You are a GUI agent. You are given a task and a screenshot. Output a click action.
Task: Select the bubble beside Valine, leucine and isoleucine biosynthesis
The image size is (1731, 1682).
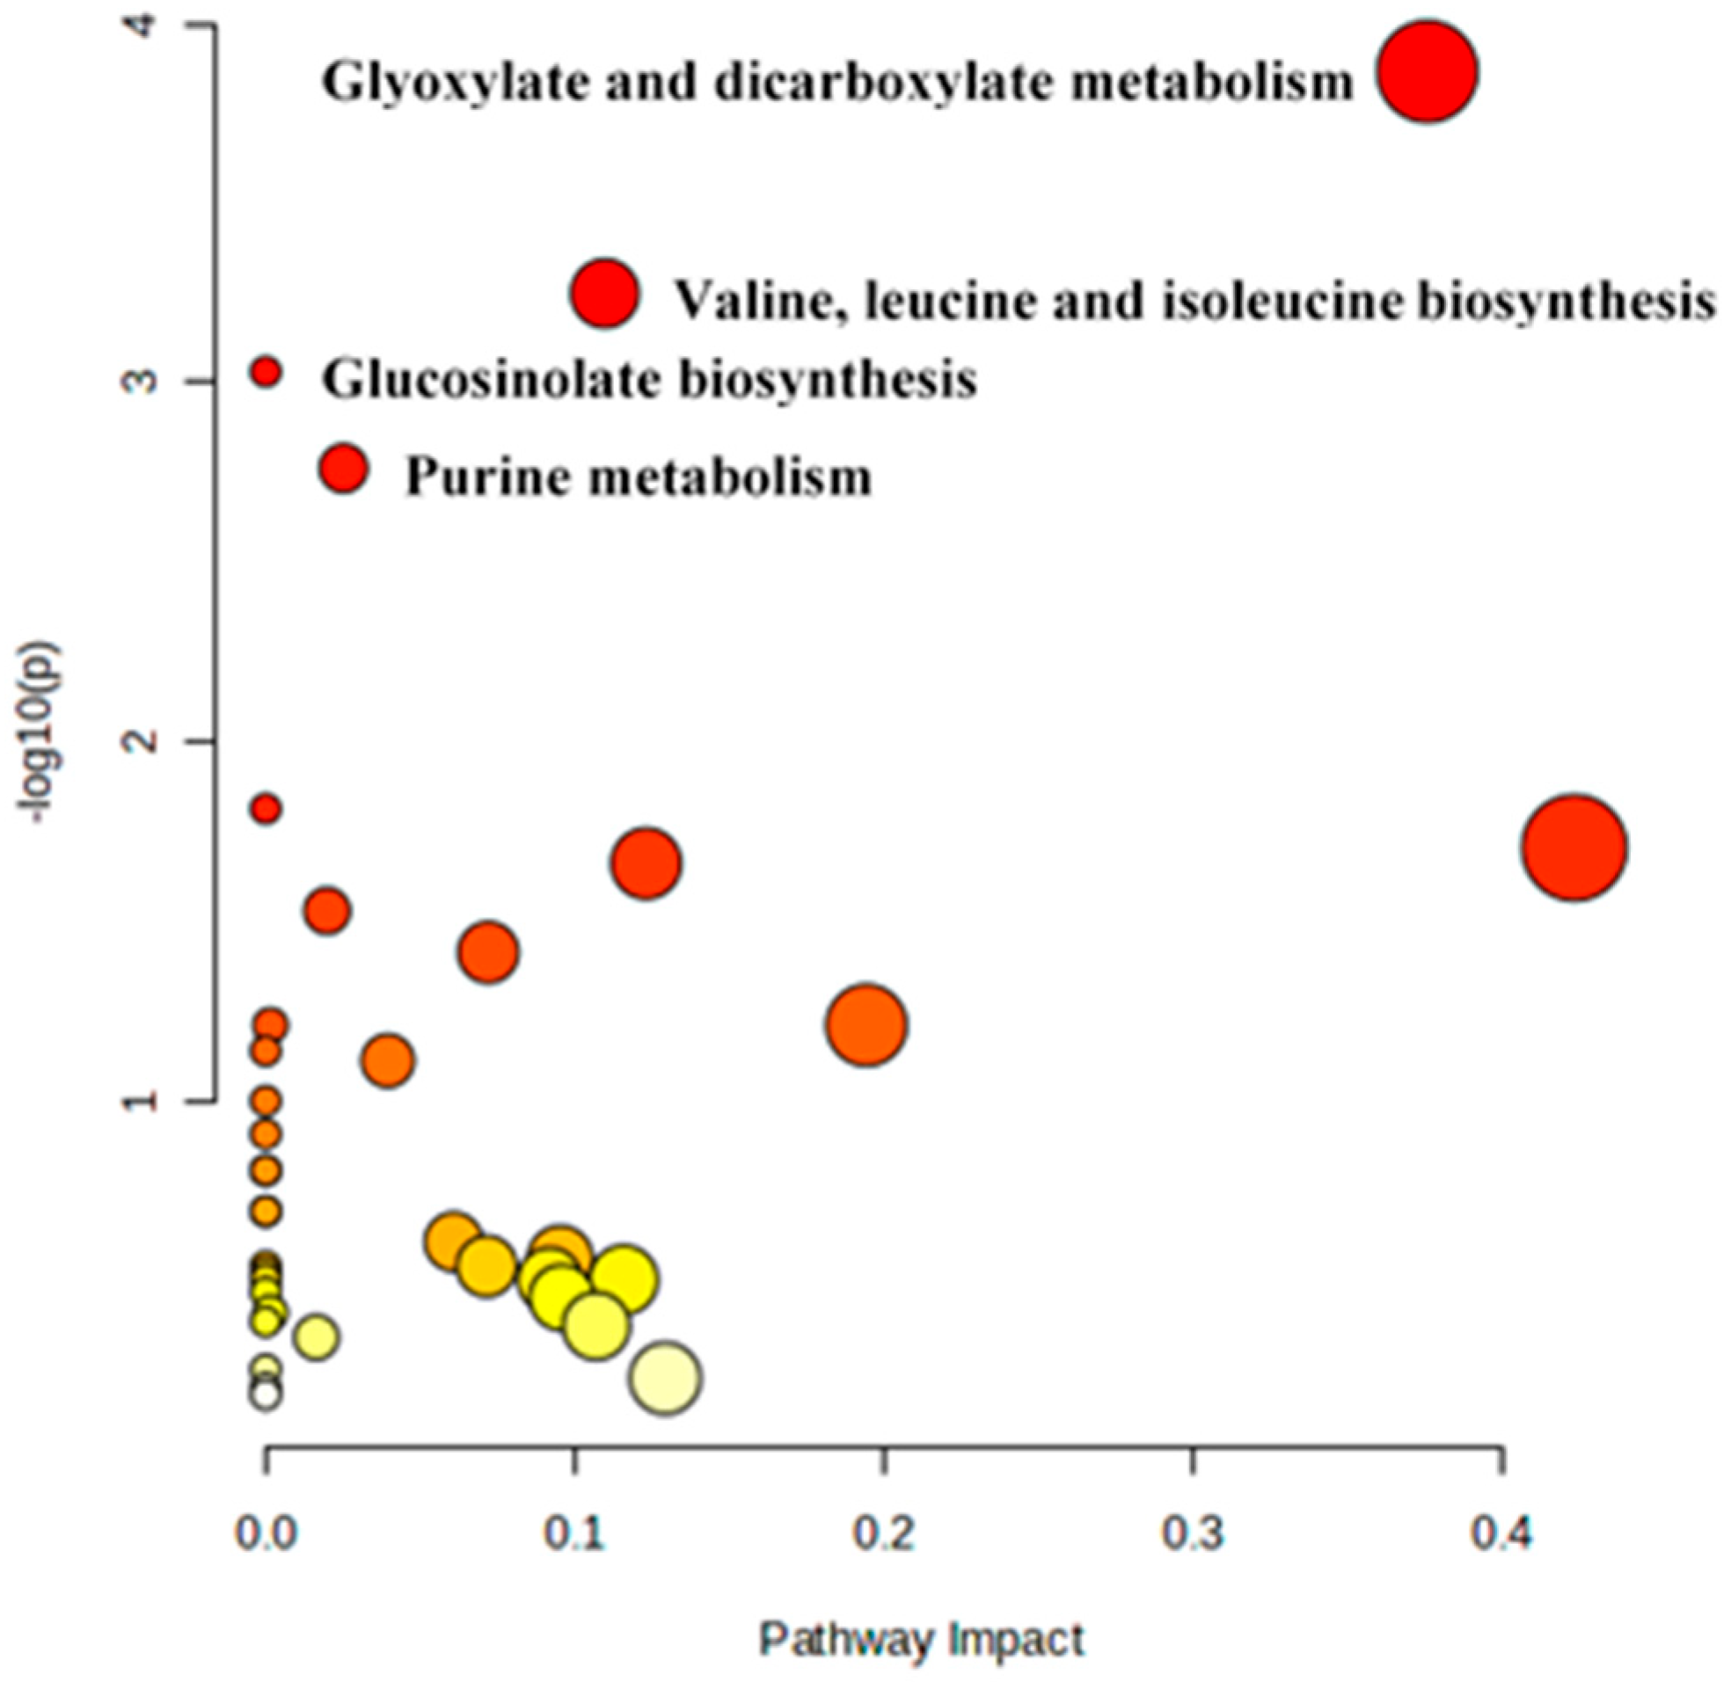coord(604,295)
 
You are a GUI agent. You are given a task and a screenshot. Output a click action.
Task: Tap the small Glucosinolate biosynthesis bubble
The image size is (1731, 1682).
coord(266,372)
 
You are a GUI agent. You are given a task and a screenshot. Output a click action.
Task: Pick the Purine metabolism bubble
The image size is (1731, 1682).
coord(344,469)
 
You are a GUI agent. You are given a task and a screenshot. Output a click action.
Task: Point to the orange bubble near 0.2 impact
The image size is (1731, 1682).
coord(867,1023)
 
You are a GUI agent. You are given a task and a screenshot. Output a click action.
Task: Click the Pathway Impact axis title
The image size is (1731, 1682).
coord(921,1641)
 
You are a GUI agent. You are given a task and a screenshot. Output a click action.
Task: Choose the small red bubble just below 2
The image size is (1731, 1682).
coord(266,807)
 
